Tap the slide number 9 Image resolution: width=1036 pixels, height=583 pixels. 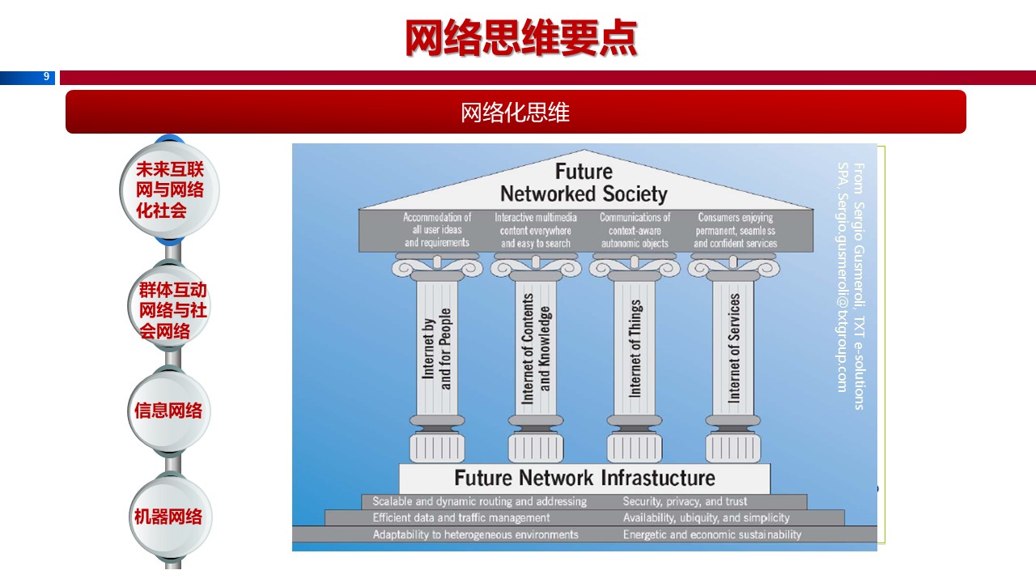coord(47,77)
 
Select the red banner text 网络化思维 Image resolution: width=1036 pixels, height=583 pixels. coord(516,112)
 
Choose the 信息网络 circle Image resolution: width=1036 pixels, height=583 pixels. coord(169,411)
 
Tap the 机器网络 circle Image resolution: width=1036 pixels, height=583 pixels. coord(169,516)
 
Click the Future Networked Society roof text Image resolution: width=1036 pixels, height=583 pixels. coord(584,183)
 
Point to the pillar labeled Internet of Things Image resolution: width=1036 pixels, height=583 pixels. coord(635,348)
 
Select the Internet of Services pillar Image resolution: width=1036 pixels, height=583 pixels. coord(734,348)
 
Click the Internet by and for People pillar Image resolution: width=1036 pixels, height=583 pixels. coord(437,348)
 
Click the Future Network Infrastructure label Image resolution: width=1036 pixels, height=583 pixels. coord(584,478)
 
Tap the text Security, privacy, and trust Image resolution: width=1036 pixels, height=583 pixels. coord(685,501)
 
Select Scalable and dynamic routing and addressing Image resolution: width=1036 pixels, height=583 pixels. coord(479,501)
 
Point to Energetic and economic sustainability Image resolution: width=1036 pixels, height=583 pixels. coord(711,534)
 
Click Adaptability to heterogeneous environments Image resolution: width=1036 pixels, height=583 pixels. coord(475,534)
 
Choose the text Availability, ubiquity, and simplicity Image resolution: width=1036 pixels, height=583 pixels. coord(706,517)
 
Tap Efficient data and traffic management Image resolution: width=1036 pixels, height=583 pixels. coord(461,517)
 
